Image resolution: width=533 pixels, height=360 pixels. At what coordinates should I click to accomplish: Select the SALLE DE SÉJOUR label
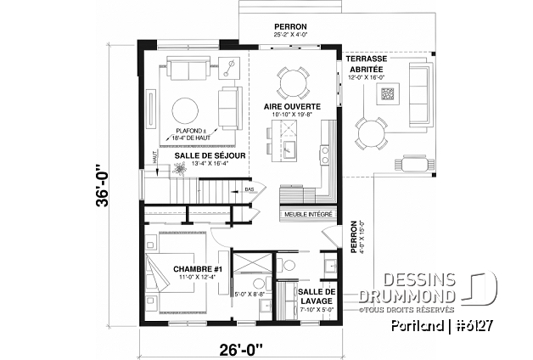[210, 156]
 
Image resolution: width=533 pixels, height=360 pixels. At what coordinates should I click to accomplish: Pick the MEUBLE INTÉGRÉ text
[307, 216]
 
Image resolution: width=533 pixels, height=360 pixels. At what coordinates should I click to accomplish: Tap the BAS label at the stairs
[249, 189]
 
